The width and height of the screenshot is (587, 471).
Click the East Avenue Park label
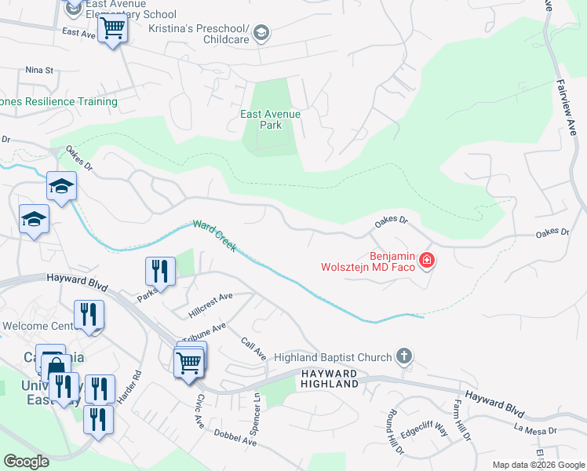pyautogui.click(x=270, y=119)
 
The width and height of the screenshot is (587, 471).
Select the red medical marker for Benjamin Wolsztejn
pyautogui.click(x=426, y=259)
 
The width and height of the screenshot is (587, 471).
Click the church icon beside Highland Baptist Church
pyautogui.click(x=403, y=357)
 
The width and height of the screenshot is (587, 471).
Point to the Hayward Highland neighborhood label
pyautogui.click(x=329, y=378)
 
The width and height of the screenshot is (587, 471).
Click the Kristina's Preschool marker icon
pyautogui.click(x=261, y=32)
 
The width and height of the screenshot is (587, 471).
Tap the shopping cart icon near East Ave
pyautogui.click(x=113, y=30)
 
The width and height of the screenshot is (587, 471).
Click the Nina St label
pyautogui.click(x=38, y=70)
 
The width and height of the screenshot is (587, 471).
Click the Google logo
pyautogui.click(x=26, y=462)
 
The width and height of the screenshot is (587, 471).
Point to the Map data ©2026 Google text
pyautogui.click(x=538, y=465)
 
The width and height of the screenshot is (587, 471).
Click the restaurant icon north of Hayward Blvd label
pyautogui.click(x=160, y=271)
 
